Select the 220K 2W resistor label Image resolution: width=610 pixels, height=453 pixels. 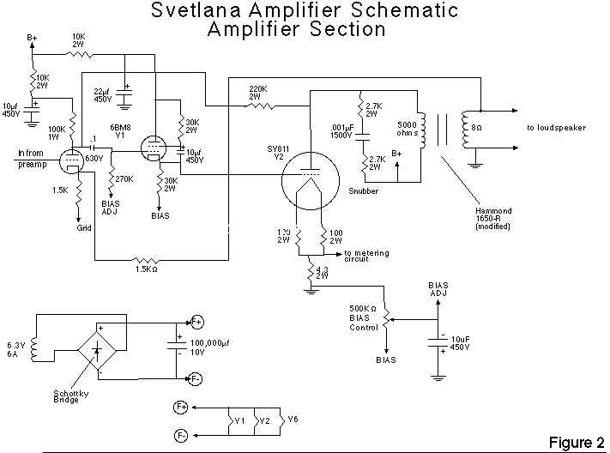[260, 93]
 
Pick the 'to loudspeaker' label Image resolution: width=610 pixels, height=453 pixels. [556, 128]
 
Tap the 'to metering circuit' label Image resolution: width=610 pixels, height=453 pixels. [370, 256]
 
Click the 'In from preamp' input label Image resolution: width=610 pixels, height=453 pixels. [33, 160]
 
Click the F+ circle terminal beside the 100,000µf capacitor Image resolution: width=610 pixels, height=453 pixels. [196, 322]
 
